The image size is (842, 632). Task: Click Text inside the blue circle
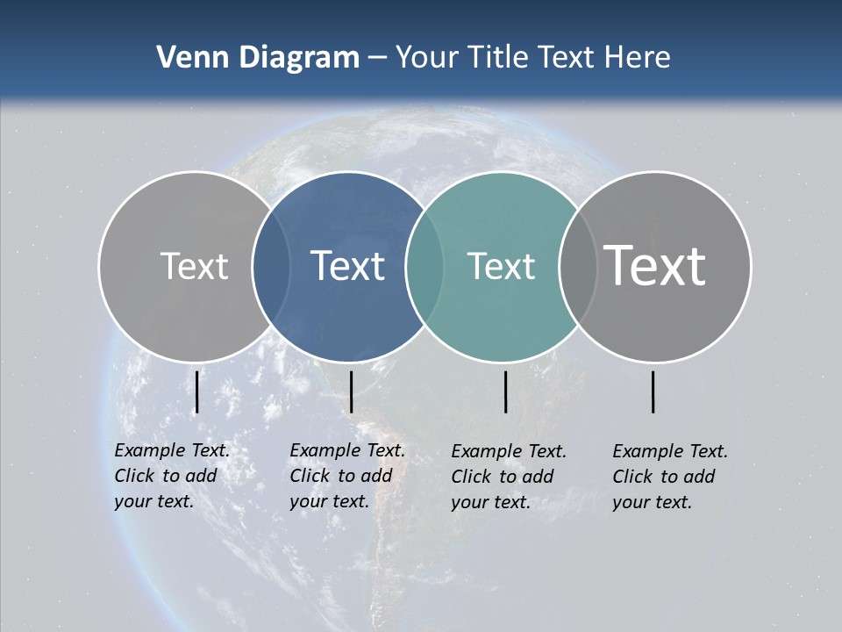click(x=347, y=266)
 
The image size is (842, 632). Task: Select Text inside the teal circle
click(x=501, y=266)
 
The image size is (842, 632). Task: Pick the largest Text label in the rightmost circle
click(x=654, y=265)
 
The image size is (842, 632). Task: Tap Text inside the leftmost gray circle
click(x=194, y=266)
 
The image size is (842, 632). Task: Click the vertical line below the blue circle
click(x=351, y=391)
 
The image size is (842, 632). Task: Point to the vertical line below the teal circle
click(x=505, y=391)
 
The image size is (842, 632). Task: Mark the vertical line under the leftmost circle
click(x=197, y=391)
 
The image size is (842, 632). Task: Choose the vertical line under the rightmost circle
click(x=653, y=391)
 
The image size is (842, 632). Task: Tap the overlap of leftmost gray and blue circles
click(x=271, y=266)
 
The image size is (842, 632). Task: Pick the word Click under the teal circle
click(x=475, y=477)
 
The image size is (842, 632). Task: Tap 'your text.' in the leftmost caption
click(x=153, y=502)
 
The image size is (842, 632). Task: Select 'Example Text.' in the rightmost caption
click(x=670, y=451)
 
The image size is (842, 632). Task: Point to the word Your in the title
click(x=427, y=58)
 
